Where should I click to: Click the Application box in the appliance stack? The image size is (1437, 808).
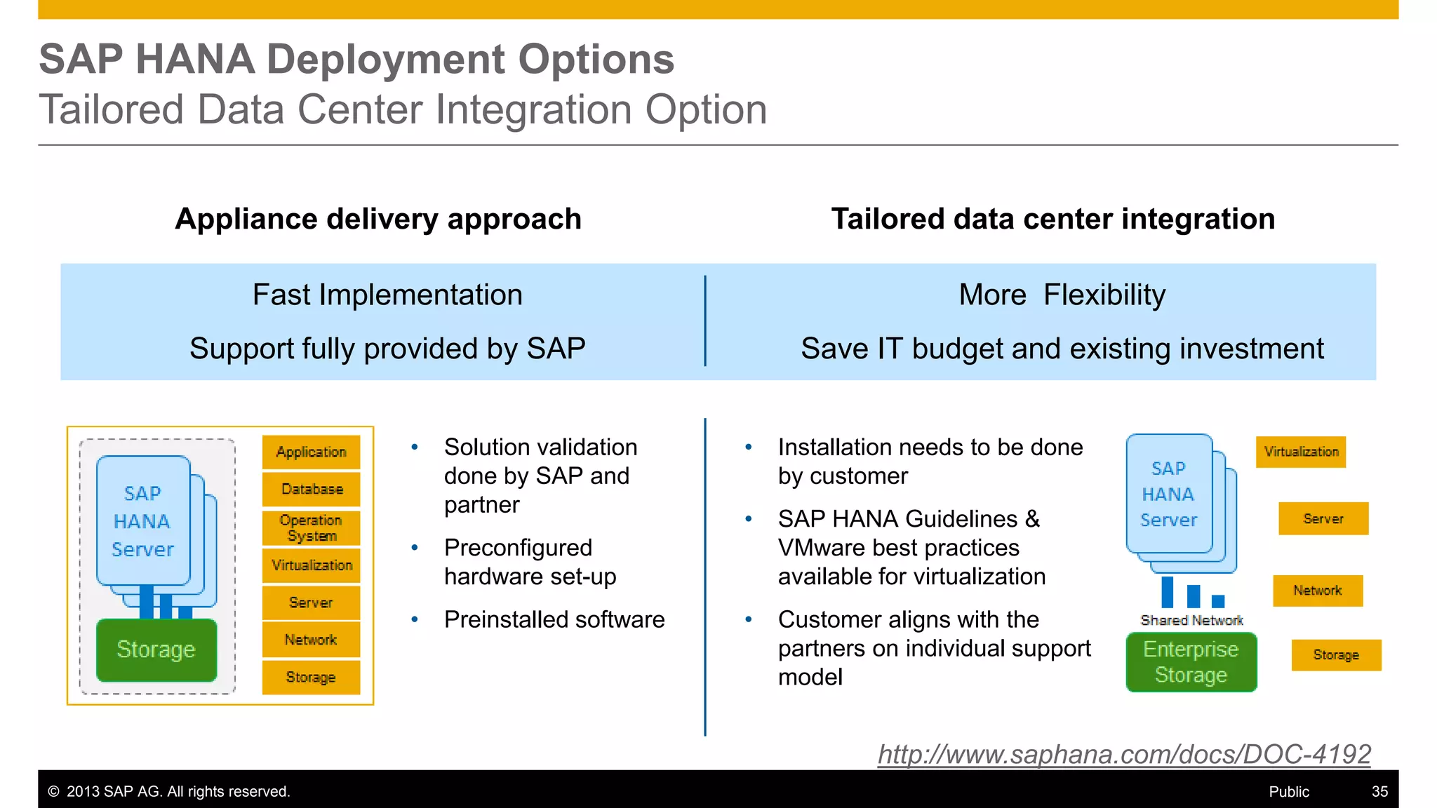pos(311,452)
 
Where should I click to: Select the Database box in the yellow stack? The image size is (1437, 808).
pos(312,489)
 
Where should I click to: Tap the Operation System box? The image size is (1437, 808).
pos(312,528)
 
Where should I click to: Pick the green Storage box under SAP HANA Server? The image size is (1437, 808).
pos(156,649)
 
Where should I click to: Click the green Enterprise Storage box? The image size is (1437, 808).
pos(1191,662)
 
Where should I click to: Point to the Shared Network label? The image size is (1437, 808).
pos(1191,620)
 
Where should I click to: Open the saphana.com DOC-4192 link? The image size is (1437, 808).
pos(1123,754)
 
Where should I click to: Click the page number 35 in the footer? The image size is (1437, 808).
pos(1379,791)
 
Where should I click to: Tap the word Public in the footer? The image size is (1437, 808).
pos(1288,791)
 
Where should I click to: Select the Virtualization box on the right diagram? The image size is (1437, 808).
pos(1301,452)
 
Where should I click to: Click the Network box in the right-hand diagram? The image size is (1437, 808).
pos(1317,591)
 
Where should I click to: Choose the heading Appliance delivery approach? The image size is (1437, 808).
pos(378,219)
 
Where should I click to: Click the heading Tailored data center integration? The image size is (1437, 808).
pos(1052,219)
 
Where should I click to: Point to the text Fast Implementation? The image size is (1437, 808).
pos(387,295)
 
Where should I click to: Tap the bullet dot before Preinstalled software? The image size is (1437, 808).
pos(415,619)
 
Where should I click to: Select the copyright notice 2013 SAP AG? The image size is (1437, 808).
pos(168,791)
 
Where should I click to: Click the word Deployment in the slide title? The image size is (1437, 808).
pos(386,59)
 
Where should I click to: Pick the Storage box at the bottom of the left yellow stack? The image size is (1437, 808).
pos(311,677)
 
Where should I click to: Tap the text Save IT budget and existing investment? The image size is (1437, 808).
pos(1062,349)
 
